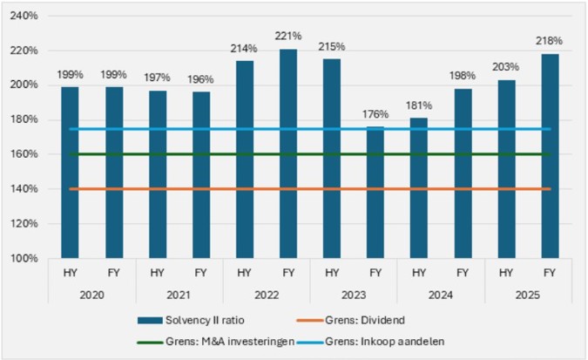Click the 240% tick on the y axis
coord(24,16)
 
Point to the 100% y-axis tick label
coord(24,259)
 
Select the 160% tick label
coord(24,154)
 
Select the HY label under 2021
coord(158,273)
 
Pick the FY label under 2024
coord(462,273)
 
